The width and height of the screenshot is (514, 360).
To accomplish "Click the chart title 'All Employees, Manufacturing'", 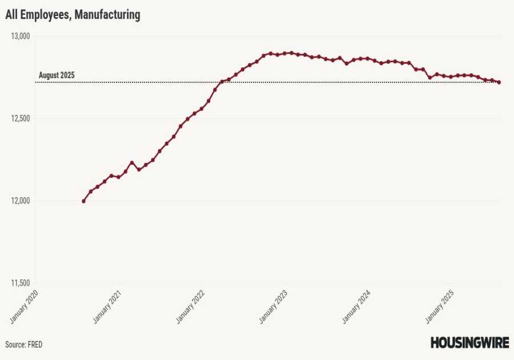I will (x=73, y=15).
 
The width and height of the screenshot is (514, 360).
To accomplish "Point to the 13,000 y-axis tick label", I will (x=20, y=36).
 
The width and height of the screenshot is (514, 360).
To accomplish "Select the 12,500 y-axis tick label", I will (x=20, y=118).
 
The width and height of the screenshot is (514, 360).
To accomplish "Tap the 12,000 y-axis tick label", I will (x=20, y=201).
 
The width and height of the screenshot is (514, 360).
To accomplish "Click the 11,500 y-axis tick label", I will (x=20, y=283).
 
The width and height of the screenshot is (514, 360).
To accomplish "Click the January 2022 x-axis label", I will (x=191, y=306).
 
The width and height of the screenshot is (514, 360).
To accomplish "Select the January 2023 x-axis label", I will (x=274, y=306).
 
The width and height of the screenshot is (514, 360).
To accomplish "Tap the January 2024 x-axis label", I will (x=357, y=306).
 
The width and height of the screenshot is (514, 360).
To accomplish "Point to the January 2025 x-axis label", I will (x=440, y=306).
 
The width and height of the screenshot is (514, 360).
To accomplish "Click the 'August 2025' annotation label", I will (x=57, y=75).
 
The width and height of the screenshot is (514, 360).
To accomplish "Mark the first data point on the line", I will (x=83, y=201).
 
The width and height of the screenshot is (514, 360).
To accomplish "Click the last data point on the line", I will (x=499, y=82).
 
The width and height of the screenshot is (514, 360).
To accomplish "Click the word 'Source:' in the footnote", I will (x=15, y=345).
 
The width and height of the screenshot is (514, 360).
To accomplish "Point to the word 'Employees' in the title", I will (x=46, y=15).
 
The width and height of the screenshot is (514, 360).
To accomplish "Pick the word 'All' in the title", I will (x=12, y=15).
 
